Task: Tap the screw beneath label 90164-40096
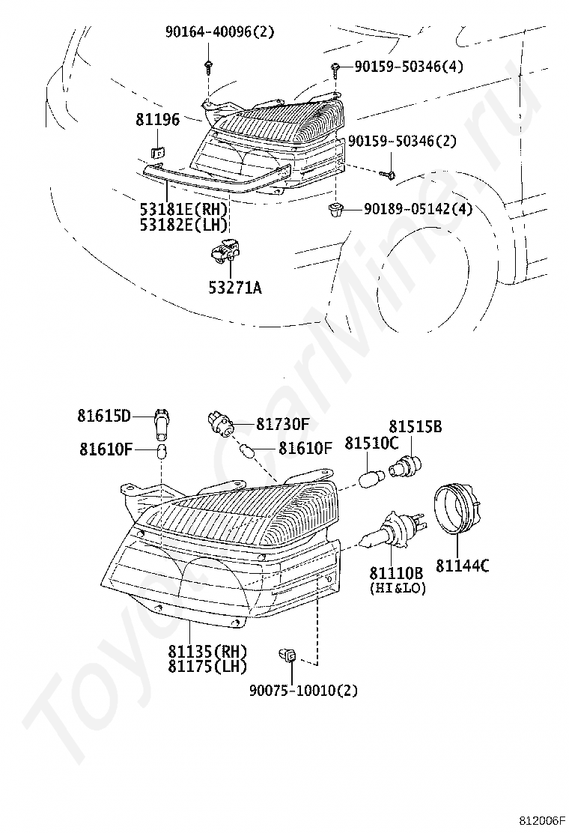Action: tap(208, 67)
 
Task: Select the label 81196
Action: tap(158, 120)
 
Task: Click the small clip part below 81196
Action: tap(156, 153)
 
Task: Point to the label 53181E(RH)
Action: tap(183, 209)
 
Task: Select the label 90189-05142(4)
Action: tap(418, 209)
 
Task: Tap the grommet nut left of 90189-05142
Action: tap(335, 209)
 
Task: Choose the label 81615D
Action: tap(103, 416)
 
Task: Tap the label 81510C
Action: tap(371, 443)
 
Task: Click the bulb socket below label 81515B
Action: tap(405, 467)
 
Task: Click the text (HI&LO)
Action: tap(398, 588)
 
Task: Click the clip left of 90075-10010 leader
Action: tap(287, 655)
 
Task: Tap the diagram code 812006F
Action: tap(542, 821)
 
